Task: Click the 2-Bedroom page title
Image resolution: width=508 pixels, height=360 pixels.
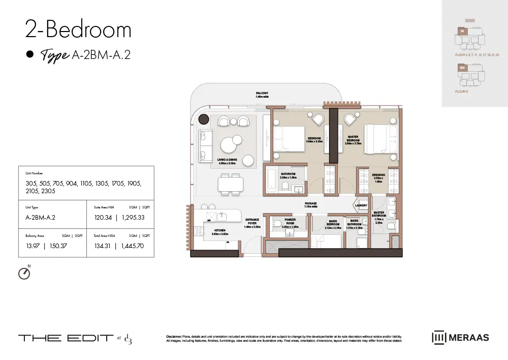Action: pos(78,30)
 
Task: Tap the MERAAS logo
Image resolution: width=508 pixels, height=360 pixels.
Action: pos(460,338)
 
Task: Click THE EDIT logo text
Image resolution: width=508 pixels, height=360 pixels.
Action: pos(66,338)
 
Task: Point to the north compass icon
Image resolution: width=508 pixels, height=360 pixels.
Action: pos(24,273)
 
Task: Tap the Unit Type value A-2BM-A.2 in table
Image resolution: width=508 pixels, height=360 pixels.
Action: pos(40,218)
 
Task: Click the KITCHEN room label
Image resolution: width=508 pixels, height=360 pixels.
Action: pos(219,231)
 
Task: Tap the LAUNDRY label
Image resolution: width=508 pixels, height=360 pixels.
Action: pos(361,205)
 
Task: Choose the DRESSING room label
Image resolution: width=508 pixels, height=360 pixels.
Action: pos(378,176)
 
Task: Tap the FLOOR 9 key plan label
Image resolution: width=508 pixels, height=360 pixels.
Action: pos(461,92)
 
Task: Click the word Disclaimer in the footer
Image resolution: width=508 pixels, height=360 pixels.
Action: pos(177,337)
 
